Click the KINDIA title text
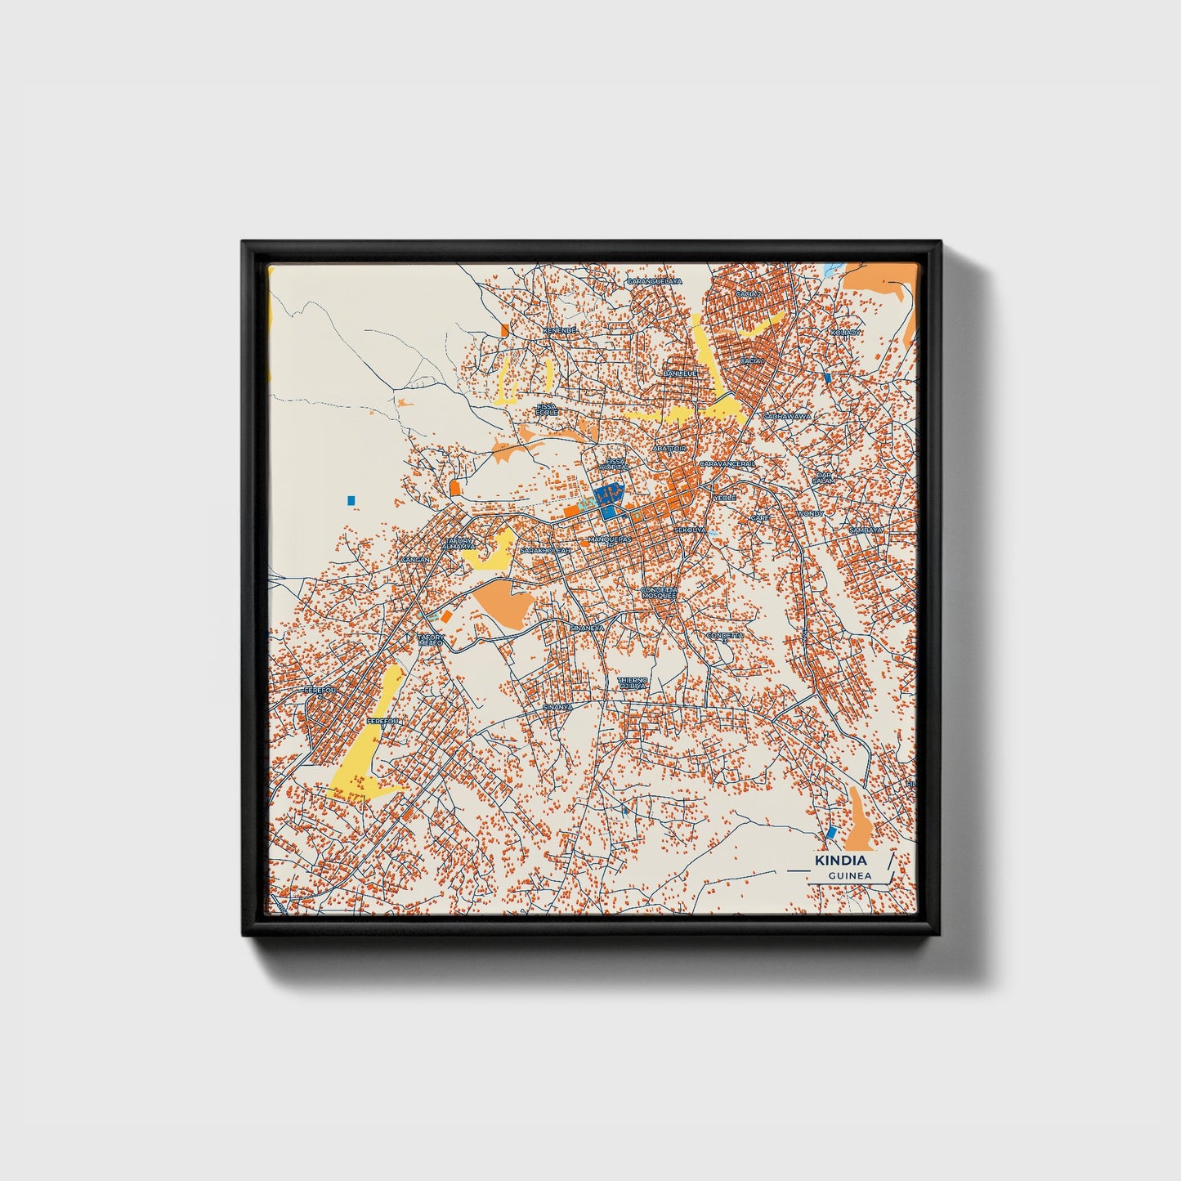coord(841,861)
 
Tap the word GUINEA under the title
coord(849,875)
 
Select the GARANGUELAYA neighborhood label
coord(654,281)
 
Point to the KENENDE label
coord(560,330)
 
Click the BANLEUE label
coord(680,374)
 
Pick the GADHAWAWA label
coord(787,416)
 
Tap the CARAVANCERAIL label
coord(727,463)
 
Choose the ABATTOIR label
coord(669,449)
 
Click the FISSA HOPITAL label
coord(615,464)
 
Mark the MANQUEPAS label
coord(610,540)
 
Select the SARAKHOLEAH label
coord(548,551)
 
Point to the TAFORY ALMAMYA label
coord(459,543)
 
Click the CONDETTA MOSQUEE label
coord(659,593)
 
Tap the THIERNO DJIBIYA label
coord(633,683)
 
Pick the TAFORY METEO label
coord(431,640)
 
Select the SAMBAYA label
coord(866,530)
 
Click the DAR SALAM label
coord(823,477)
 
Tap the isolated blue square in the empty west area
coord(351,499)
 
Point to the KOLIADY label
coord(845,333)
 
